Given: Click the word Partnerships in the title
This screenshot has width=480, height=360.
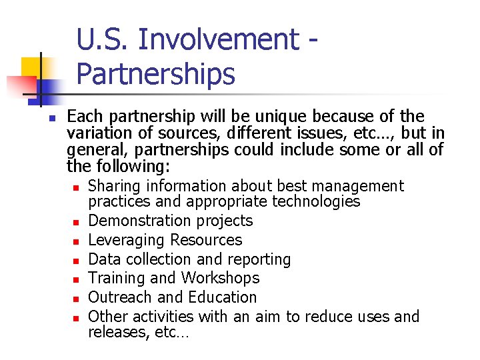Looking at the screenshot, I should [155, 75].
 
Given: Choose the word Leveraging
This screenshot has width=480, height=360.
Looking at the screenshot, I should [127, 240].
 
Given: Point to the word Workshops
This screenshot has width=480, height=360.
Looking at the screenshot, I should [221, 278].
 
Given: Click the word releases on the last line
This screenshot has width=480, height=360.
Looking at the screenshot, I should [117, 333].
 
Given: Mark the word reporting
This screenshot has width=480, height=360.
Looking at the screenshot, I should [257, 259].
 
